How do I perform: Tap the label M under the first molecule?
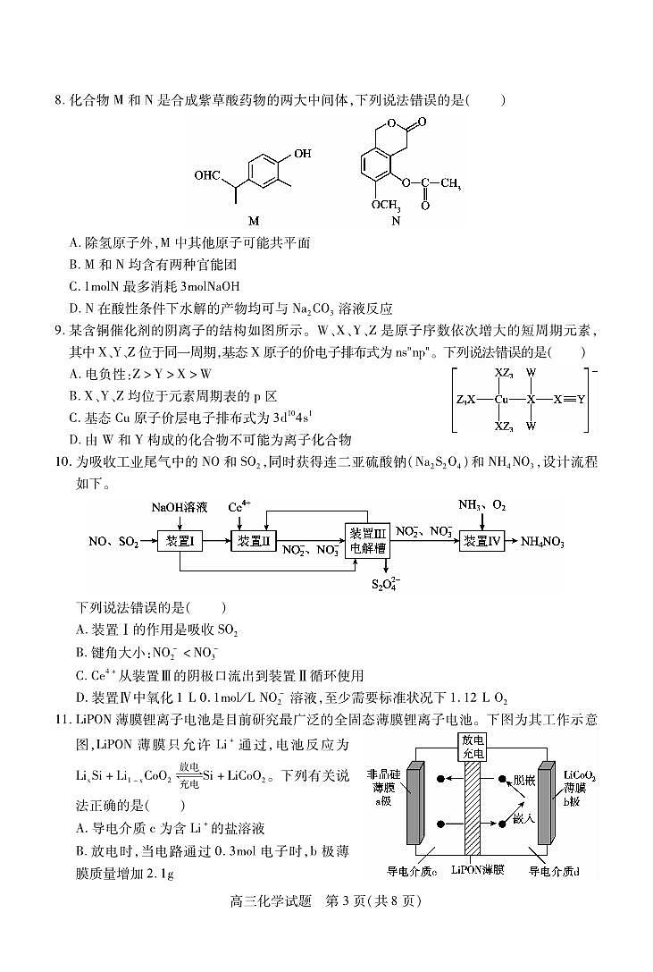253,220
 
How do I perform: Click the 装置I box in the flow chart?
179,541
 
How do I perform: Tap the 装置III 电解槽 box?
369,541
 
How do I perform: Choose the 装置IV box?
489,541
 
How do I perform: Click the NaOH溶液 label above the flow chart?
179,507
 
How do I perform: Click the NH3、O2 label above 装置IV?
482,506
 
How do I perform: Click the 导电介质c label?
411,868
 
